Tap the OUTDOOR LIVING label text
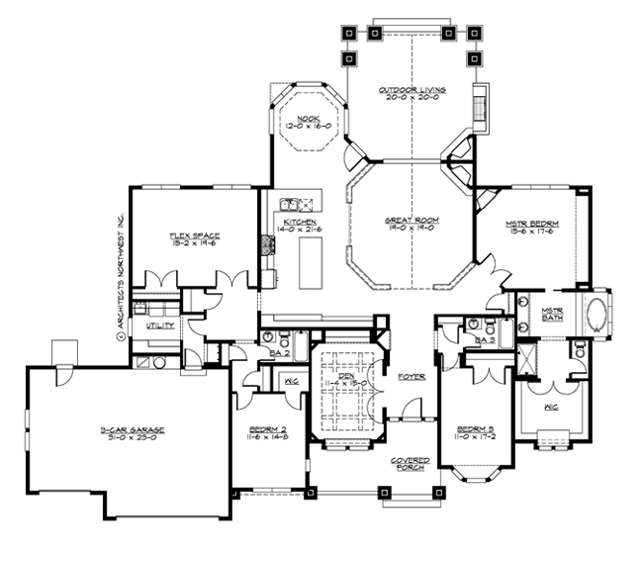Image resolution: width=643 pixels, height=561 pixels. pyautogui.click(x=412, y=90)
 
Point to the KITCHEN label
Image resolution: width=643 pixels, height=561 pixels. pyautogui.click(x=299, y=223)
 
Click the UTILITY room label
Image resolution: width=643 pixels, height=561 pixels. pyautogui.click(x=160, y=325)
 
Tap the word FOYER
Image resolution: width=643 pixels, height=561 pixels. pyautogui.click(x=411, y=377)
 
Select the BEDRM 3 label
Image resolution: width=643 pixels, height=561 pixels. pyautogui.click(x=474, y=428)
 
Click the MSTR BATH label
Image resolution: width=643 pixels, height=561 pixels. pyautogui.click(x=552, y=314)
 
